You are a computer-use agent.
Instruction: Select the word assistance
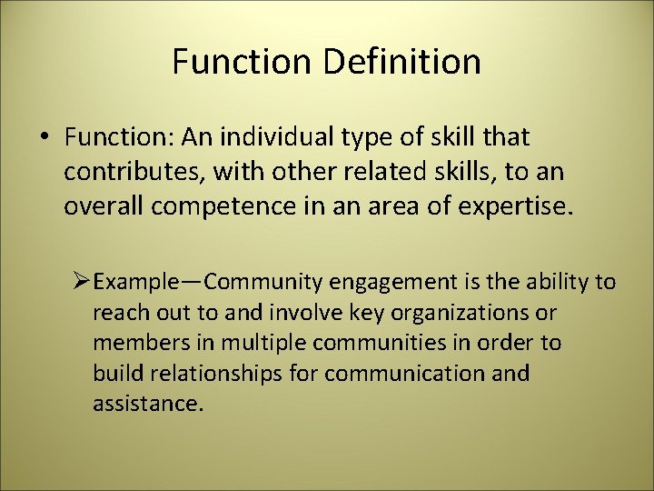point(144,404)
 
